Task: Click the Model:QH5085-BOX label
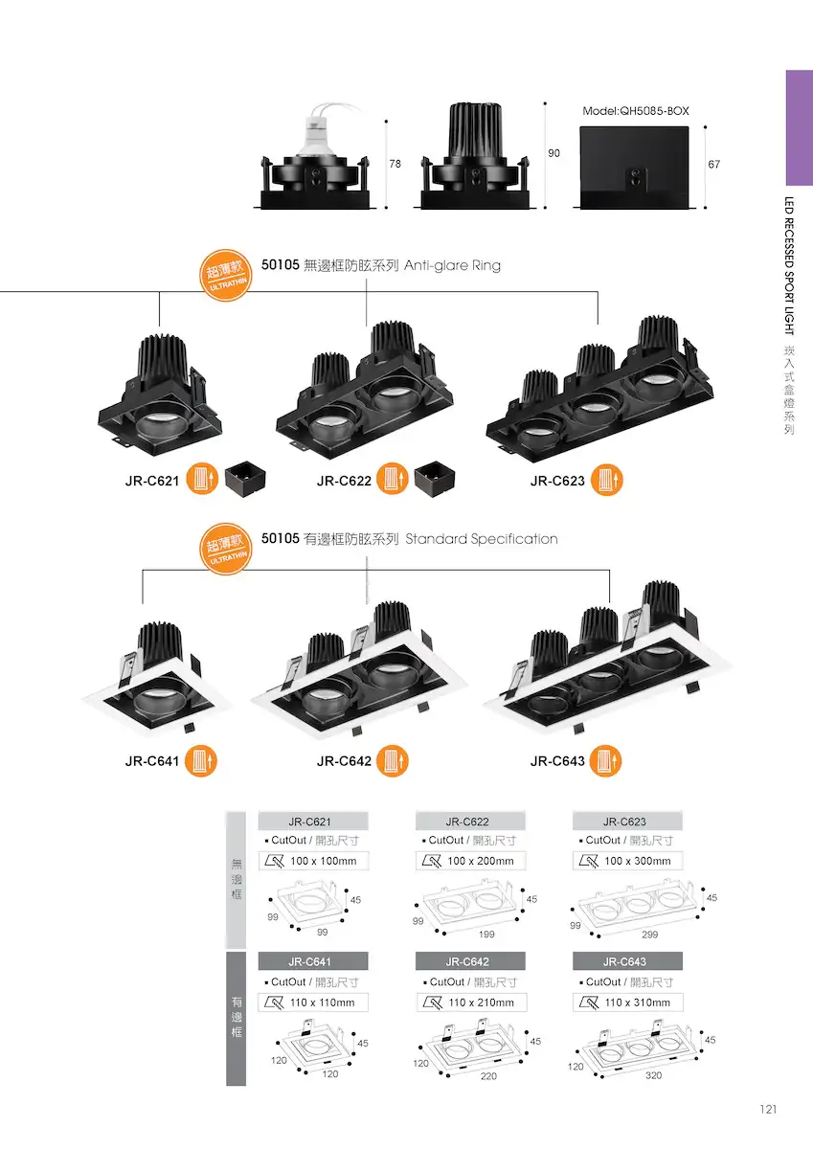(x=636, y=111)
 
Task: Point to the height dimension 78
(x=395, y=164)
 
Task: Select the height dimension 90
(x=553, y=153)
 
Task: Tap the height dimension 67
(x=714, y=164)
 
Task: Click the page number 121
(x=768, y=1110)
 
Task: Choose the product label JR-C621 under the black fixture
(x=152, y=481)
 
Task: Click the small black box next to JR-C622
(x=434, y=478)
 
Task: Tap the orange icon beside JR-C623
(x=606, y=480)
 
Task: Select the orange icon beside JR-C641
(x=200, y=760)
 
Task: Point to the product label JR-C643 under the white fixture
(x=557, y=761)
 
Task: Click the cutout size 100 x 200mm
(x=481, y=861)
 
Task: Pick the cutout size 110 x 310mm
(x=638, y=1003)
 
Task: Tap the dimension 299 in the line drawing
(x=650, y=935)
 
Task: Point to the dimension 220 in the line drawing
(x=488, y=1075)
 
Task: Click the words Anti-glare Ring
(x=452, y=265)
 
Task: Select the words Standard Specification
(x=482, y=539)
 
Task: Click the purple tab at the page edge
(x=800, y=127)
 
